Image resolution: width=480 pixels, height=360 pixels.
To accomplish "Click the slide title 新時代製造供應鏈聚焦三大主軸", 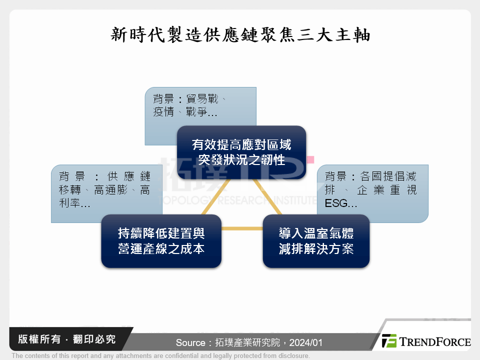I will tap(240, 35).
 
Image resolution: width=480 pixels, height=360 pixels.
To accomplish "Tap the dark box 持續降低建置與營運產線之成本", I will tap(161, 241).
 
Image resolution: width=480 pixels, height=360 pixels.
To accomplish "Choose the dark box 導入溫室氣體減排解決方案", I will tap(316, 241).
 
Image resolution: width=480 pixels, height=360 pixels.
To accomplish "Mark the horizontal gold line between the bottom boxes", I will tap(242, 229).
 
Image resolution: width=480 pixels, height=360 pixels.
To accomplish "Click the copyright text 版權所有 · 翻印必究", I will tap(66, 339).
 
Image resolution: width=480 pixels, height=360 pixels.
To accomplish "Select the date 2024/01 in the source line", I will tap(306, 342).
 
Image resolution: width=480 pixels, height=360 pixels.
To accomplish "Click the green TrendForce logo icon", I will tap(389, 341).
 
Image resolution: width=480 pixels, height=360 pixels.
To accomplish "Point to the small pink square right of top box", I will tap(310, 159).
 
